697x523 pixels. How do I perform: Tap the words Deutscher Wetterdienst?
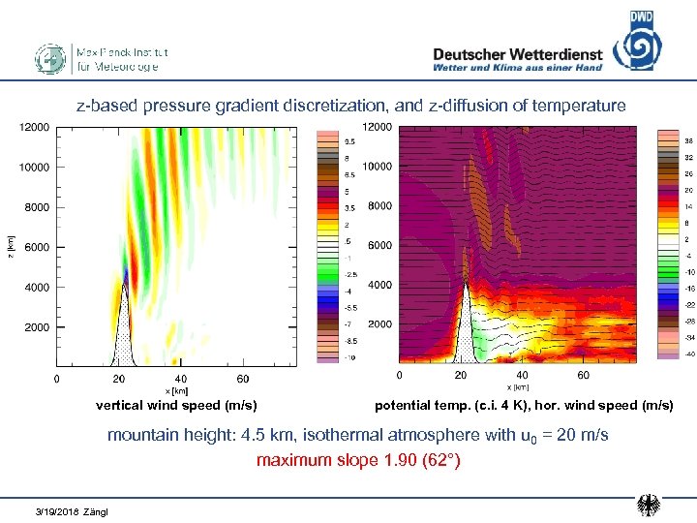point(517,54)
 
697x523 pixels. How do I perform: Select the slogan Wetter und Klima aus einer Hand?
point(517,68)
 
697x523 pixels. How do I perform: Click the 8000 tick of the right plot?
point(379,206)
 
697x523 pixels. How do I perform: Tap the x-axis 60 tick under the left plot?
point(242,379)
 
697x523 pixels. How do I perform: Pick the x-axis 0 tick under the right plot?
point(400,375)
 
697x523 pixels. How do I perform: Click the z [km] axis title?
point(9,248)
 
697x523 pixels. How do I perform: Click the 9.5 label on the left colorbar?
point(348,141)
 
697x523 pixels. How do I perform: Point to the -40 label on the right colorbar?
point(692,354)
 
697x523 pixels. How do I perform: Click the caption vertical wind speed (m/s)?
point(175,405)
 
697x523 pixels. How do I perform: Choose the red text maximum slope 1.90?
point(358,460)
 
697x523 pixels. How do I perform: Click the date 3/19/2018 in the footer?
point(57,510)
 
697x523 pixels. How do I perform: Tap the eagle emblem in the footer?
point(649,505)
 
